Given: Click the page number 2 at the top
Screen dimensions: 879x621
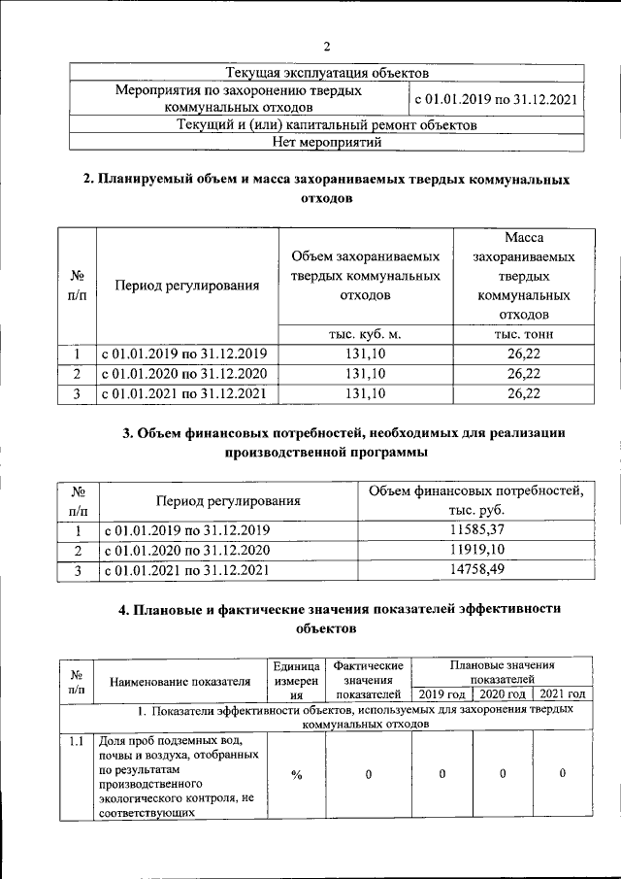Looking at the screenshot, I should coord(327,46).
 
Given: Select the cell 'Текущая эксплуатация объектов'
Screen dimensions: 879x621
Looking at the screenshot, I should coord(327,73).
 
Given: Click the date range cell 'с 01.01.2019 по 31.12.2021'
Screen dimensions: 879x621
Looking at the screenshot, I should coord(496,99).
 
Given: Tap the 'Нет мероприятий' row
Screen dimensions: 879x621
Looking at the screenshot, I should coord(327,143).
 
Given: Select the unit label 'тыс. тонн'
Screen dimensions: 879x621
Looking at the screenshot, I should coord(523,334).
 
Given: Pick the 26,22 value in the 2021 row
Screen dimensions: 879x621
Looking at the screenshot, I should coord(523,392).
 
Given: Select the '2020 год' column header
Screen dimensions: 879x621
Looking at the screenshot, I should coord(503,693).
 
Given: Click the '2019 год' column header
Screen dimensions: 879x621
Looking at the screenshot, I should coord(441,693).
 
